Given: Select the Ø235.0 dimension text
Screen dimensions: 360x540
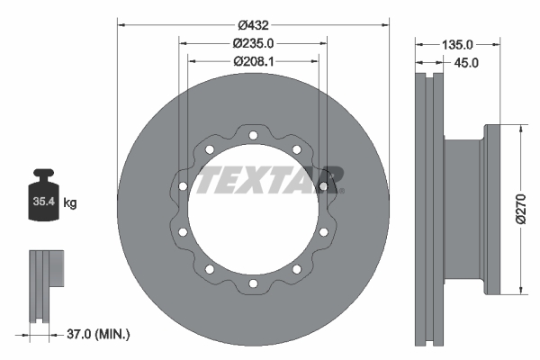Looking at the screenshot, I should (253, 41).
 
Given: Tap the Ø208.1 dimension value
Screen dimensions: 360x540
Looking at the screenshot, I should (253, 61).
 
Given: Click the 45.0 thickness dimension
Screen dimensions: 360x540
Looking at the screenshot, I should (467, 62).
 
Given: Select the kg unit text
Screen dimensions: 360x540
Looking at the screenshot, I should (70, 203).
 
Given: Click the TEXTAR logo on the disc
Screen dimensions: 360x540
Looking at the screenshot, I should (270, 179).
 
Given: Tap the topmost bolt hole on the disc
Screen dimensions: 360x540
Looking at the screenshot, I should (253, 136).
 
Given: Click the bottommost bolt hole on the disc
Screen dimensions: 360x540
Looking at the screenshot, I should (253, 283).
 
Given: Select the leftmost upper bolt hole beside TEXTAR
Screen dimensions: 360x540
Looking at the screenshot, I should (183, 187).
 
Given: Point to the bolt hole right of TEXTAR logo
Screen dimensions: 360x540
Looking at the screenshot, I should (323, 187).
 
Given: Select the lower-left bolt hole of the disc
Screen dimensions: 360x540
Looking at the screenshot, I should (210, 269).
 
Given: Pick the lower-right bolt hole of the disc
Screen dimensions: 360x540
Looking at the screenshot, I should (296, 269).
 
